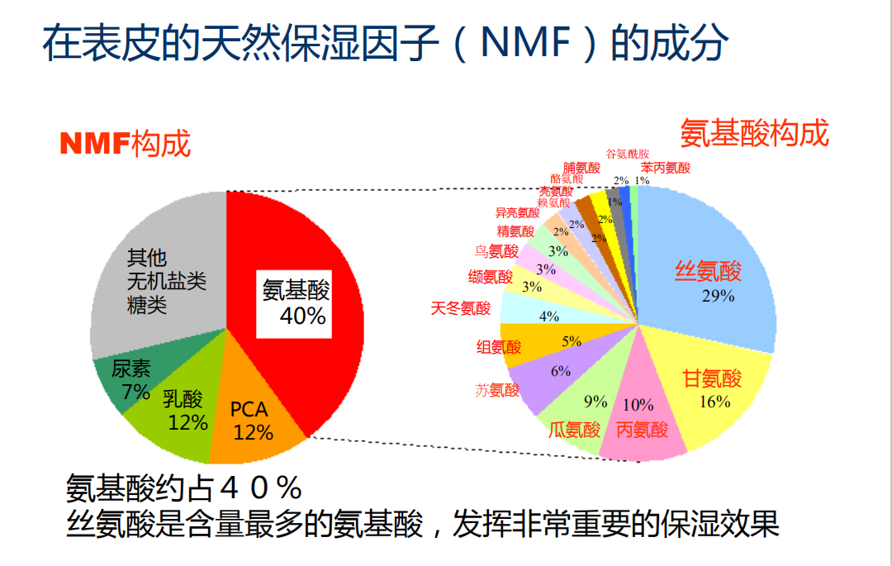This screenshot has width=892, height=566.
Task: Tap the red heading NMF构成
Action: tap(125, 144)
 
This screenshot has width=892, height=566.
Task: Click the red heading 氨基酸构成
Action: tap(754, 133)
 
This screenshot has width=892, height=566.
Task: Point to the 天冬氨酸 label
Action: tap(461, 309)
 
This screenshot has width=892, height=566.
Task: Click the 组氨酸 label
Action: tap(499, 347)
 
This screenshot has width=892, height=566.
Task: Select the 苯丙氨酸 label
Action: tap(665, 167)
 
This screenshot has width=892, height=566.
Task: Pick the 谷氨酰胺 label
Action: tap(628, 154)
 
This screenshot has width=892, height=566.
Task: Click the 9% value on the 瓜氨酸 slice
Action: tap(595, 402)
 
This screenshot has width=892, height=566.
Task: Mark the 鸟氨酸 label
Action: tap(496, 251)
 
